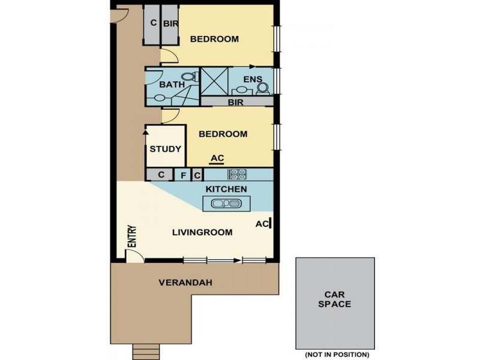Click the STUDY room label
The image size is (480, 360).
[166, 149]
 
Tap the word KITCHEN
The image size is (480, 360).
[226, 189]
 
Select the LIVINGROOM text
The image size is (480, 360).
[202, 232]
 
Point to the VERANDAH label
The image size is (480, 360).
[185, 282]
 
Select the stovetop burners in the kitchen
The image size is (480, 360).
[236, 175]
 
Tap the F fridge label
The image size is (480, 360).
[184, 175]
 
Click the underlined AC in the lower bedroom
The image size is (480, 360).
[217, 158]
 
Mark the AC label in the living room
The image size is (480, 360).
[261, 223]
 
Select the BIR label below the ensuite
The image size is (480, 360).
[235, 103]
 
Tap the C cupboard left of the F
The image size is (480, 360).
[161, 175]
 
